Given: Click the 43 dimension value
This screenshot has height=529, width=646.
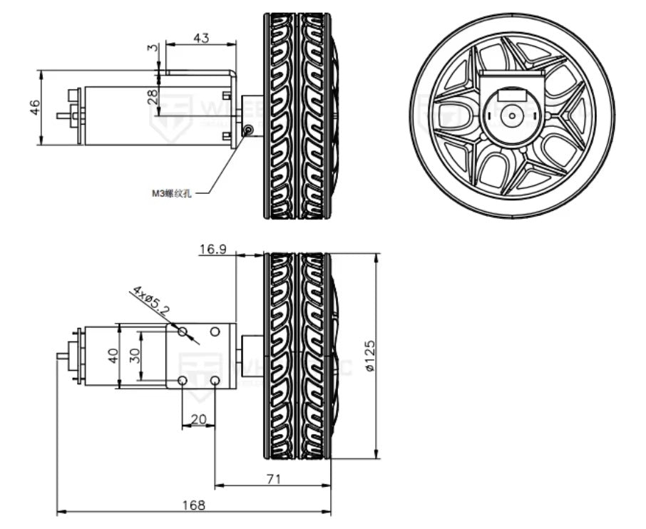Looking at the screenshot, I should (200, 38).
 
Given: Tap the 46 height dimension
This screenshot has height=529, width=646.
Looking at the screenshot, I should (34, 107).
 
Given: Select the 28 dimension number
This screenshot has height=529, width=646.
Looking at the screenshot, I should (152, 96).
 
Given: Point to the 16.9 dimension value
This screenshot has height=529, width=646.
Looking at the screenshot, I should (212, 249).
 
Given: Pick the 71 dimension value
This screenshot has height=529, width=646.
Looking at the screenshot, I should (272, 479).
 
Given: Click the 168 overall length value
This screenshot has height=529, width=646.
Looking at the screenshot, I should (193, 505).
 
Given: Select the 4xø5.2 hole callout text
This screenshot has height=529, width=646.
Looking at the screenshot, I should (150, 301).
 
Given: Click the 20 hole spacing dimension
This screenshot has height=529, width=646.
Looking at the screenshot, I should (199, 419).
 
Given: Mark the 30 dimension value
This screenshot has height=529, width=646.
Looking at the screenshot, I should (133, 355).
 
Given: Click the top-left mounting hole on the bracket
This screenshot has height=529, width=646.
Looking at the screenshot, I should (183, 332).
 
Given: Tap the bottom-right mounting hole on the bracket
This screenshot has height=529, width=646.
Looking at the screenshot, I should (215, 381).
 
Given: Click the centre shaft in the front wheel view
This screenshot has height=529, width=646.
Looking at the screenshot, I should (511, 114).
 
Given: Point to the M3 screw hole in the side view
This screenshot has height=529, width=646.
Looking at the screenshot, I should (247, 130).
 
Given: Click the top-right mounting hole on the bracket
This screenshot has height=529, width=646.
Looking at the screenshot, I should (215, 332).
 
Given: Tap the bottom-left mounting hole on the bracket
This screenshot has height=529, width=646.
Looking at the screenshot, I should (183, 381).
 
